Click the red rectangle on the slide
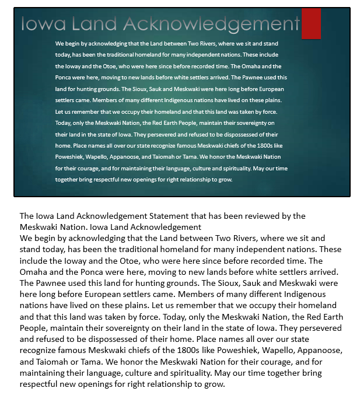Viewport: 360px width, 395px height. point(311,23)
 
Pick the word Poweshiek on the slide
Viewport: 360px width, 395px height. point(69,157)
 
